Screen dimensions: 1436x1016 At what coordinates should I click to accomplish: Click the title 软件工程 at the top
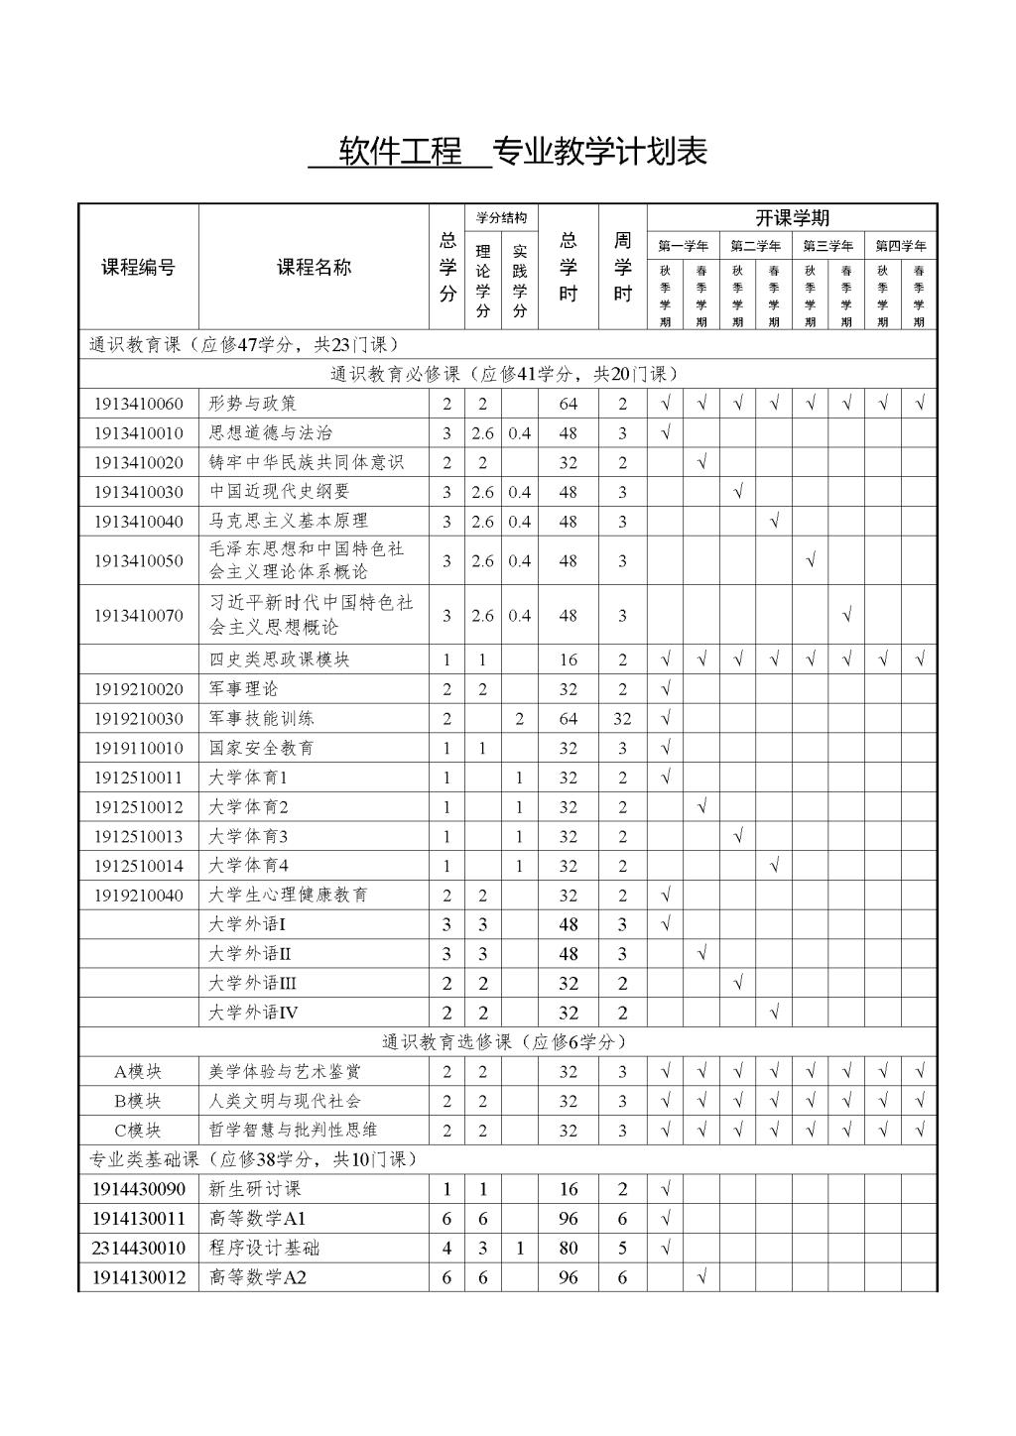(400, 152)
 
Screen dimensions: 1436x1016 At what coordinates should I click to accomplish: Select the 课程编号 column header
(139, 267)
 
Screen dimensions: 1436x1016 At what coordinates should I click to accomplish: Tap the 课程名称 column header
(314, 267)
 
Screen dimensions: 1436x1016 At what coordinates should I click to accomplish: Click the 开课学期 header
(792, 218)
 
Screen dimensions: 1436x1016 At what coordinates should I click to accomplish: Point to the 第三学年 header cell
(828, 246)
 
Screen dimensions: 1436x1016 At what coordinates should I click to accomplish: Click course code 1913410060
(139, 404)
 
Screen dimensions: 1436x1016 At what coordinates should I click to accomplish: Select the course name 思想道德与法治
(271, 432)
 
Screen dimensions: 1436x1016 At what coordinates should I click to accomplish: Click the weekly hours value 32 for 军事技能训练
(622, 719)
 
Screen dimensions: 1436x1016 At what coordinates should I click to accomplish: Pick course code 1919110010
(139, 748)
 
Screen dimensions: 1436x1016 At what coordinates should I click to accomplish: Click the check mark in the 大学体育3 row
(738, 836)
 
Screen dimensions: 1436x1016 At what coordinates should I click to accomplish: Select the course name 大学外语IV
(253, 1013)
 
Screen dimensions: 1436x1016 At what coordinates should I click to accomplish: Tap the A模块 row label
(139, 1071)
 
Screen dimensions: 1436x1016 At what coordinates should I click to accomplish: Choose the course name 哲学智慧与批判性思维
(293, 1130)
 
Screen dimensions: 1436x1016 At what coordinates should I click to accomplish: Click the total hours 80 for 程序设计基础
(568, 1248)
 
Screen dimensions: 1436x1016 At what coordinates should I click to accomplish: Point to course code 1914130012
(139, 1277)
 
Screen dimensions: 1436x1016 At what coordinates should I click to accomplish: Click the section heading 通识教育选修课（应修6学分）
(505, 1042)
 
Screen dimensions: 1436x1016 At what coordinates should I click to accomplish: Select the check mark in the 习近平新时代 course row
(846, 616)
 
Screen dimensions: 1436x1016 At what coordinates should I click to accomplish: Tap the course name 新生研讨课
(254, 1189)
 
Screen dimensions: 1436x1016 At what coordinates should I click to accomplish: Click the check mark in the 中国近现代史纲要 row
(738, 492)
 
